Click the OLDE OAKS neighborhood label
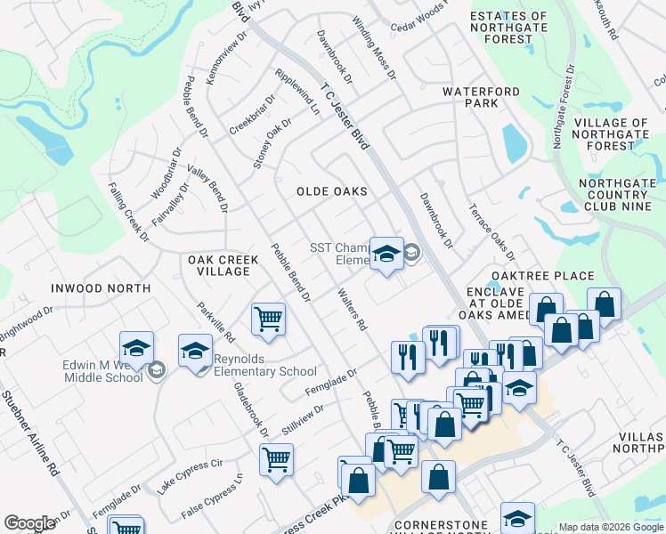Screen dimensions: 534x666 click(x=332, y=191)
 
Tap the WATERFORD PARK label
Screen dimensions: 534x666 click(x=482, y=97)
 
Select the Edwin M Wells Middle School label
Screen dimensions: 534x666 click(x=102, y=371)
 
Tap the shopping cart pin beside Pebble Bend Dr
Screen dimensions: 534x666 click(x=268, y=318)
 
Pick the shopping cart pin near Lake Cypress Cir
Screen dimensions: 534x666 click(x=276, y=459)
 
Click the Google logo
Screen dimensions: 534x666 click(x=29, y=523)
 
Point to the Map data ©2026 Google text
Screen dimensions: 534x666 click(x=611, y=527)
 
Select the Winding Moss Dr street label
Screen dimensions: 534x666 click(x=373, y=48)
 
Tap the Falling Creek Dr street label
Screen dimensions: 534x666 click(x=127, y=212)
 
